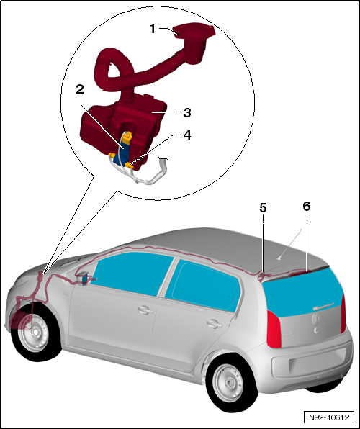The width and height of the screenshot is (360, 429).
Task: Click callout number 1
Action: click(x=152, y=29)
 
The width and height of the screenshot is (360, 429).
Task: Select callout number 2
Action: click(x=79, y=89)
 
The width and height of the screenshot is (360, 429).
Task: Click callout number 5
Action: click(x=263, y=207)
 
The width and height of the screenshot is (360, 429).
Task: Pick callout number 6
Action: click(x=306, y=206)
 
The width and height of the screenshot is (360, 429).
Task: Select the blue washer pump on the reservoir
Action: click(x=125, y=148)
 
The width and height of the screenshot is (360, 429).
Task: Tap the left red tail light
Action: click(x=274, y=330)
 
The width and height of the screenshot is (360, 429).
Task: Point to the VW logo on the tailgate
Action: click(x=314, y=317)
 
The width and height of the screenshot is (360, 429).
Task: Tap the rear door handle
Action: click(x=212, y=324)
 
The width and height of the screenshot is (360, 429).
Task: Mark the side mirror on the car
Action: click(x=86, y=279)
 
